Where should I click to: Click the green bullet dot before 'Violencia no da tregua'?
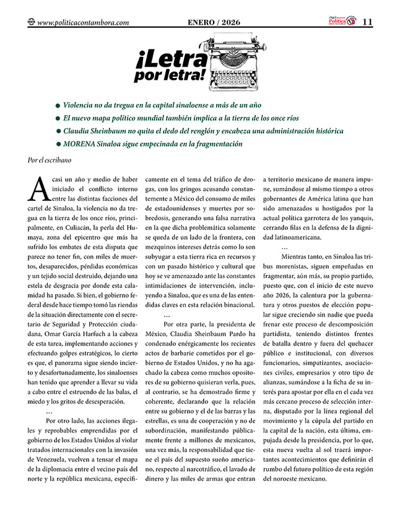[x=58, y=106]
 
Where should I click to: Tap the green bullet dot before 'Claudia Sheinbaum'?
[x=58, y=132]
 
